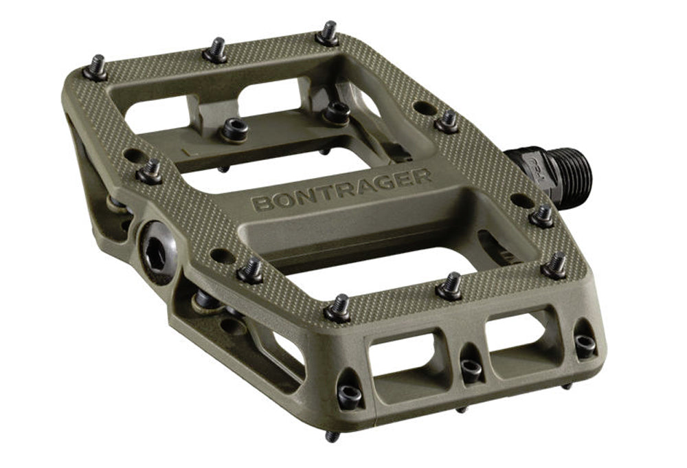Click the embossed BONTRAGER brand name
pyautogui.click(x=341, y=189)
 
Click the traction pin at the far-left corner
pyautogui.click(x=95, y=69)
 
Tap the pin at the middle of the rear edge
pyautogui.click(x=216, y=52)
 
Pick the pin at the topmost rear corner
pyautogui.click(x=328, y=34)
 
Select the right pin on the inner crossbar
pyautogui.click(x=337, y=112)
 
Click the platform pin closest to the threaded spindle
pyautogui.click(x=447, y=122)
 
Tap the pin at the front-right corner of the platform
pyautogui.click(x=554, y=265)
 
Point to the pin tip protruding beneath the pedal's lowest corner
pyautogui.click(x=332, y=435)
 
